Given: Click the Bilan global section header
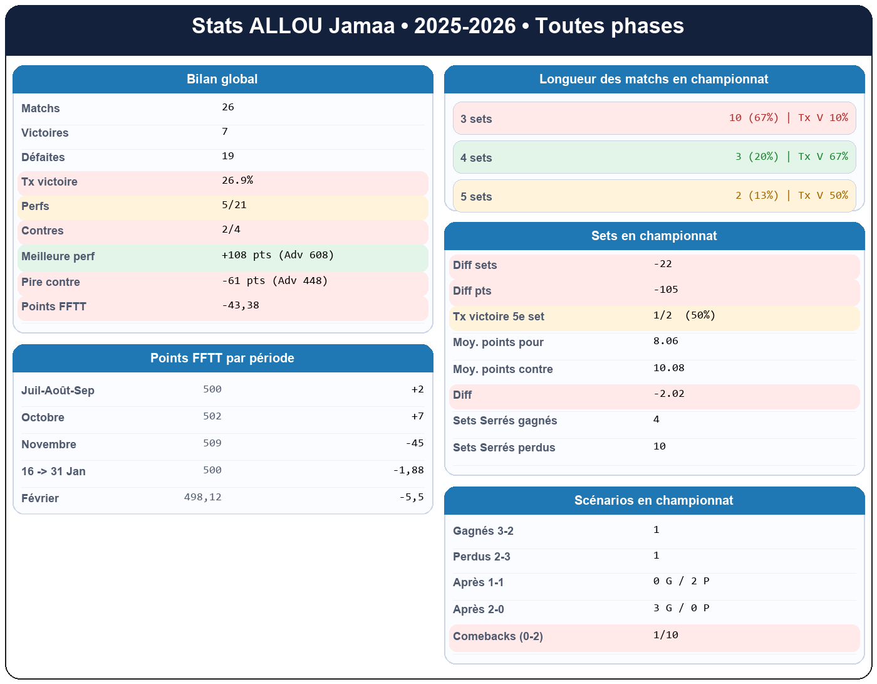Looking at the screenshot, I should click(x=222, y=80).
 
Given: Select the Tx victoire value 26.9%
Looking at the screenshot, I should click(x=237, y=181).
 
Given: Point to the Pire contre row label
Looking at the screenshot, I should click(x=51, y=282).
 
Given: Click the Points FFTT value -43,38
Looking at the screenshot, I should click(x=241, y=305).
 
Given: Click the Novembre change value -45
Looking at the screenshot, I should click(x=415, y=443).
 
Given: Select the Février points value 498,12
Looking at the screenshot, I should click(x=203, y=497).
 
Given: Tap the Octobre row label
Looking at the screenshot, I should click(x=43, y=418).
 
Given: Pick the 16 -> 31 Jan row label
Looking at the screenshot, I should click(x=53, y=471).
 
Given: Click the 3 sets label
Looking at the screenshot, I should click(x=476, y=119).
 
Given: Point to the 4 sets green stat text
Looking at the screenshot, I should click(x=792, y=157).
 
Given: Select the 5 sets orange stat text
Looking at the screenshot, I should click(x=792, y=196).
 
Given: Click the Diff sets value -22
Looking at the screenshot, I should click(x=663, y=264).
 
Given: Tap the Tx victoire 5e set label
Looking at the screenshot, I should click(x=499, y=317).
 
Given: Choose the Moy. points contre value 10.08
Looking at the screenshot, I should click(x=669, y=368).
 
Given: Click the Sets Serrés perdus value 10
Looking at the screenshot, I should click(x=660, y=446).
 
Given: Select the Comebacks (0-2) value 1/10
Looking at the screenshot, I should click(x=666, y=635).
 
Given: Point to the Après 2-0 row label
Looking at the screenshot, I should click(x=479, y=609).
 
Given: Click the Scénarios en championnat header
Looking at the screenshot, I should click(x=654, y=501).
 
